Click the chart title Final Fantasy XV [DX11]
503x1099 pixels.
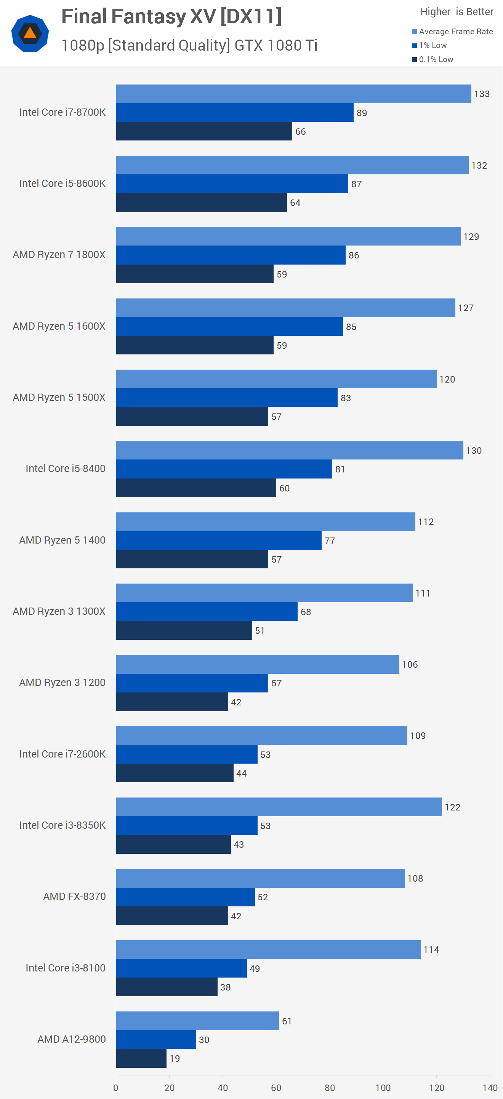pos(171,17)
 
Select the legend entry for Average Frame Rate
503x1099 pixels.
pos(452,32)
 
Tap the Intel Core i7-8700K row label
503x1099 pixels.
pos(62,112)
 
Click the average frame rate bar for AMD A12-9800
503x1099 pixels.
pos(197,1021)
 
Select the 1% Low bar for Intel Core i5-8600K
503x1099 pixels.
pos(232,183)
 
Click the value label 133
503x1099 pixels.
pos(482,94)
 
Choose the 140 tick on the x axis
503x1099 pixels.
pos(490,1088)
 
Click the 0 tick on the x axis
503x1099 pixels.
pos(116,1088)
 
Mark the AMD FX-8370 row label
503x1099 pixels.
pos(74,896)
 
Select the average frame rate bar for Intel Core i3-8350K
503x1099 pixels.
pos(279,806)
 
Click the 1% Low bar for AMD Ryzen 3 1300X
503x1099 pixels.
pos(207,611)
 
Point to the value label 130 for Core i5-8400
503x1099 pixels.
pos(474,450)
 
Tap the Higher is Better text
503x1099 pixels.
pos(457,11)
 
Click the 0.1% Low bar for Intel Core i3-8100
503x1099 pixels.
pos(167,987)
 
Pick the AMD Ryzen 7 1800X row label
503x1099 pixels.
pos(59,255)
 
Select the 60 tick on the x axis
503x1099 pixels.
pos(276,1088)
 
